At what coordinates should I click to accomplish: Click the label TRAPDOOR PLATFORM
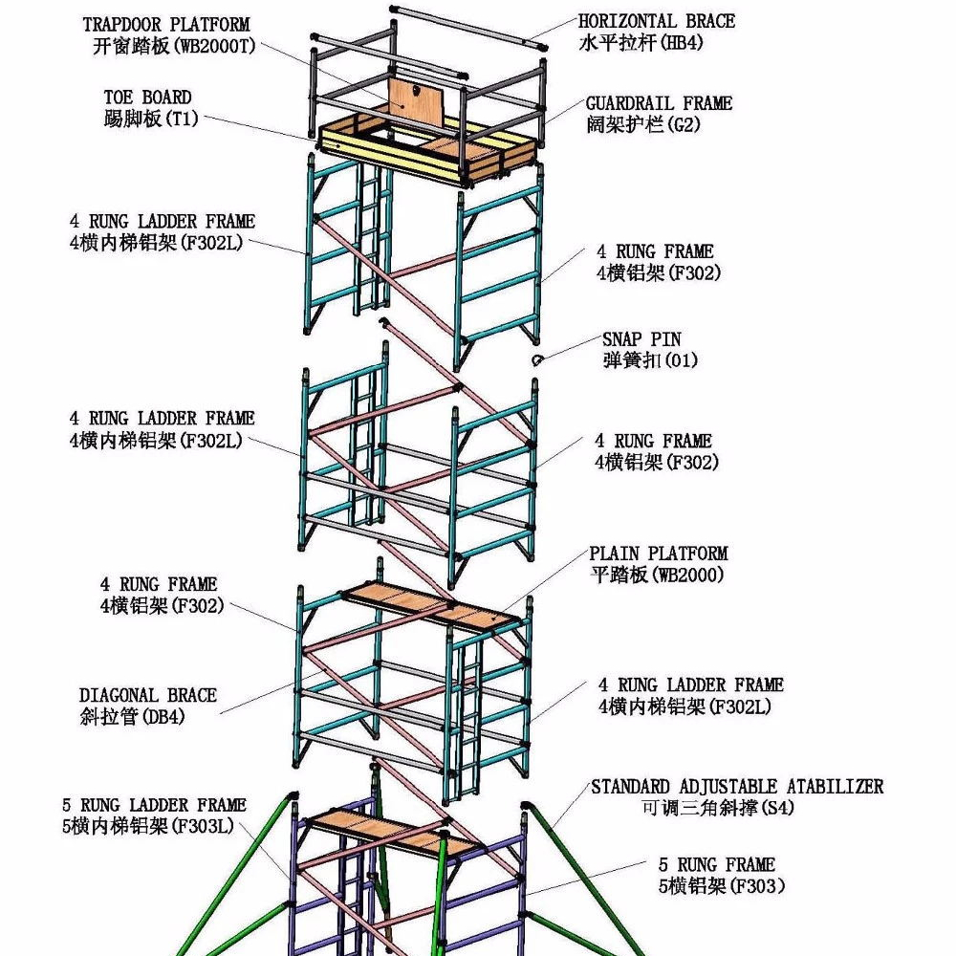(x=165, y=24)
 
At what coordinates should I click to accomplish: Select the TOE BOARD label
(x=147, y=97)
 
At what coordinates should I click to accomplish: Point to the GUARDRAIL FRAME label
(x=659, y=102)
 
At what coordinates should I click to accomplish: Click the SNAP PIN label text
(x=641, y=339)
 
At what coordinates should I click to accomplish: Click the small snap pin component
(x=538, y=359)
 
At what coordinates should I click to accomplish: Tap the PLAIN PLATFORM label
(x=658, y=554)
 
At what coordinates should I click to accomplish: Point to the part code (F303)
(x=758, y=886)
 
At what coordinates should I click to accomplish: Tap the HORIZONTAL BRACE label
(x=657, y=21)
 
